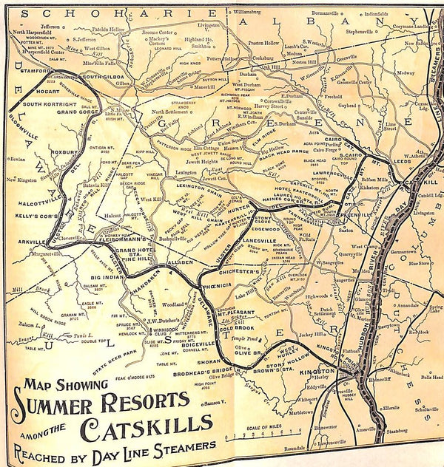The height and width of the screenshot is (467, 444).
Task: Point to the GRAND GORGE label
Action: [78, 112]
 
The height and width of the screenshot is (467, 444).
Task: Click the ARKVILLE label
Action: [27, 241]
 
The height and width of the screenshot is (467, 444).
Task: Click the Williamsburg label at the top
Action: [252, 13]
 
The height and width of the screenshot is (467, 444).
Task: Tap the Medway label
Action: [406, 73]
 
